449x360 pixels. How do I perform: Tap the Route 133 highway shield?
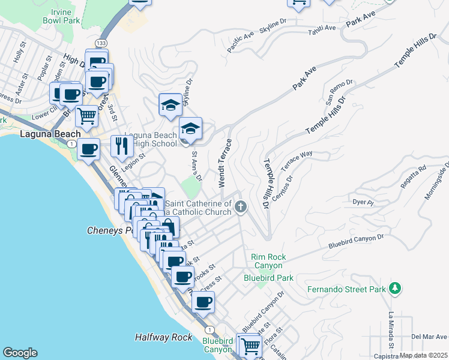pyautogui.click(x=101, y=43)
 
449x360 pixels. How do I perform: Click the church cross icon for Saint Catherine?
pyautogui.click(x=241, y=208)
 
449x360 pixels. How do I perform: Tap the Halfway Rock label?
pyautogui.click(x=163, y=338)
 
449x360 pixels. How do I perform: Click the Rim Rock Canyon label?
pyautogui.click(x=268, y=262)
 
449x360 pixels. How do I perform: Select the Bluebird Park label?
pyautogui.click(x=268, y=278)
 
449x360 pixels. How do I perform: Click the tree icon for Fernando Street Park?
pyautogui.click(x=394, y=289)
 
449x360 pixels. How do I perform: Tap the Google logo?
pyautogui.click(x=20, y=353)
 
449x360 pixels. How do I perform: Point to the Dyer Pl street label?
pyautogui.click(x=363, y=203)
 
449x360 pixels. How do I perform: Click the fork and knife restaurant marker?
pyautogui.click(x=122, y=146)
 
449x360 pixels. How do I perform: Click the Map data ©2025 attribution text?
pyautogui.click(x=423, y=355)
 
